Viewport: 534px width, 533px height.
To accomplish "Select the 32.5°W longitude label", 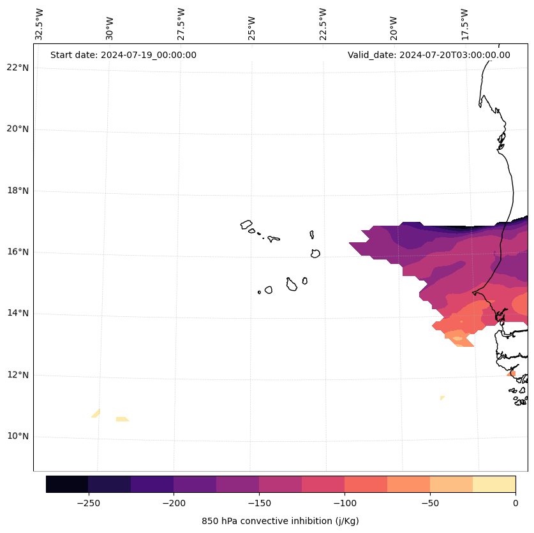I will (40, 24).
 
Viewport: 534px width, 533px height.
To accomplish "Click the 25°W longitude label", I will (252, 28).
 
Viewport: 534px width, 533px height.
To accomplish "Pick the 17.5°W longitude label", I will (464, 24).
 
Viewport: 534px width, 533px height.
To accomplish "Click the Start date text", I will (123, 55).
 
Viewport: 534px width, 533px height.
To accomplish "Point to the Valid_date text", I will (429, 55).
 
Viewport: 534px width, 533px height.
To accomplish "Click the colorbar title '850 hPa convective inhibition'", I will (280, 521).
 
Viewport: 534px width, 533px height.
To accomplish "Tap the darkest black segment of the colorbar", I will (67, 484).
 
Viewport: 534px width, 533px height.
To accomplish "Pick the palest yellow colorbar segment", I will (494, 484).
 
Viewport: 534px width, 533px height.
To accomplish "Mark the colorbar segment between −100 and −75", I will (366, 484).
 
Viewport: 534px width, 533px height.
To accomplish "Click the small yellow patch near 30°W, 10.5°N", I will (122, 419).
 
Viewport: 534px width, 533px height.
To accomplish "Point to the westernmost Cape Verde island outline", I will (246, 224).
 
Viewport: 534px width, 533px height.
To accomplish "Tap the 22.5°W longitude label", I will (323, 24).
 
